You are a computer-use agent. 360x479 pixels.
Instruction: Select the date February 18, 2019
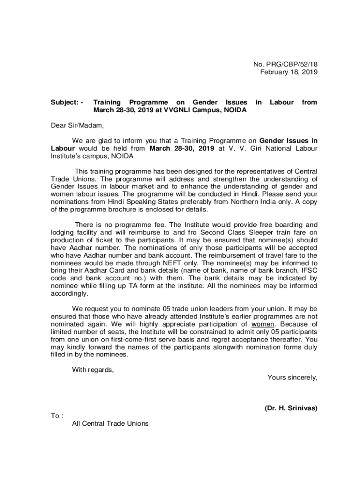coord(288,72)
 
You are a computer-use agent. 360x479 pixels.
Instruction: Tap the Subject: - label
coord(67,102)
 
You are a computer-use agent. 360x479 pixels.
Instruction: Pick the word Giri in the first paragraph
coord(242,148)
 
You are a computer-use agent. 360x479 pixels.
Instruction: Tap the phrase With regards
coord(93,370)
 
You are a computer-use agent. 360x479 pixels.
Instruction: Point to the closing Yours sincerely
coord(292,377)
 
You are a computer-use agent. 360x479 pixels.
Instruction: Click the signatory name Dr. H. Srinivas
coord(291,408)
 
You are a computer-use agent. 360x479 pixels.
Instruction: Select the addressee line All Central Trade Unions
coord(110,423)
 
